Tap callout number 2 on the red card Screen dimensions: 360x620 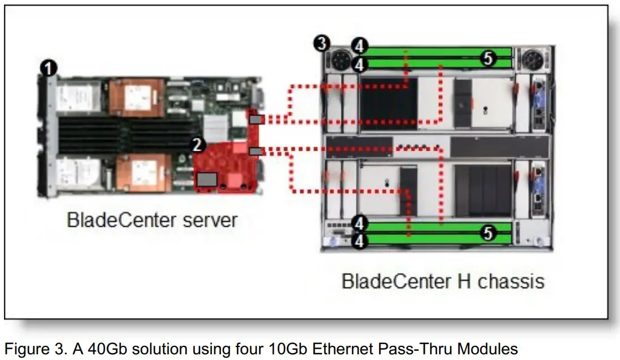(197, 145)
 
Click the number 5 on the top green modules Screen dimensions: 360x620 (488, 58)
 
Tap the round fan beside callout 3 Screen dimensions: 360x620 (342, 58)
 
